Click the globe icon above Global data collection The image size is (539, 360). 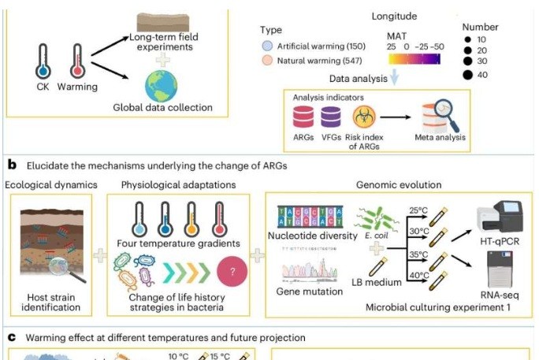click(x=162, y=85)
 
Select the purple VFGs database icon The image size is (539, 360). click(x=331, y=119)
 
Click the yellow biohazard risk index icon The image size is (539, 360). click(x=363, y=118)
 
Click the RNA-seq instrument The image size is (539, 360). click(x=498, y=276)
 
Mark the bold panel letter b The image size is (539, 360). click(x=12, y=165)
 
